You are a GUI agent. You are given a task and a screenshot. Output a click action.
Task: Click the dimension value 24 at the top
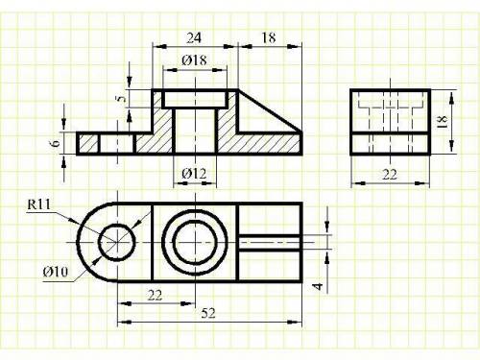[194, 38]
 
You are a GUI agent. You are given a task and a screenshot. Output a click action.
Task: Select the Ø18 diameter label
[194, 60]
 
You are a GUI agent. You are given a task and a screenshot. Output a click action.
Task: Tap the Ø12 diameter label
[194, 174]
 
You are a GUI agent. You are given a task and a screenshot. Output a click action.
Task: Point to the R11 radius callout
[39, 204]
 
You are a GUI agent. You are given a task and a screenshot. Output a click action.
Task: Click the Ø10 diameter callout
[56, 272]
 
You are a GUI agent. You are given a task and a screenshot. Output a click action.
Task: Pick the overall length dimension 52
[208, 313]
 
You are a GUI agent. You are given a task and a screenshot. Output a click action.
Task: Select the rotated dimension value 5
[121, 99]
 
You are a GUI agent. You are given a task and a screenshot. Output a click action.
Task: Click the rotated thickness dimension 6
[56, 143]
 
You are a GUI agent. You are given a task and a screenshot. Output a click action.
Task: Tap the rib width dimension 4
[318, 286]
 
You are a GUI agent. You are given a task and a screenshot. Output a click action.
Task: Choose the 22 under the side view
[390, 175]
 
